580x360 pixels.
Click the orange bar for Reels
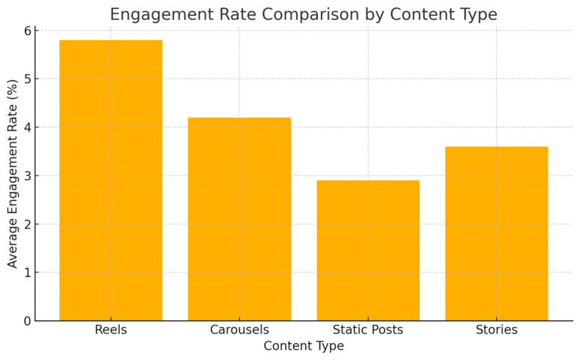111,180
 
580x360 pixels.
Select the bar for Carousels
239,219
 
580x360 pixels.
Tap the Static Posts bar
368,251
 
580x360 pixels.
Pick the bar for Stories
496,234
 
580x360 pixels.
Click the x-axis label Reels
111,330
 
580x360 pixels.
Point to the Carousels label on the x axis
239,330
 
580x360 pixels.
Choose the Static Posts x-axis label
368,330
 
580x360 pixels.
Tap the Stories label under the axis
496,330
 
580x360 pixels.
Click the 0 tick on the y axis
27,321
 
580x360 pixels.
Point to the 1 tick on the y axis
27,273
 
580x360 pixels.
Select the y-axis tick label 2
27,224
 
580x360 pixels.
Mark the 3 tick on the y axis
27,176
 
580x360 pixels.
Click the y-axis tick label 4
27,127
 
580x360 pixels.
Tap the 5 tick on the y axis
27,79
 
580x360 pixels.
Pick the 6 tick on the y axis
27,30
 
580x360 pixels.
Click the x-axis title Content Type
303,346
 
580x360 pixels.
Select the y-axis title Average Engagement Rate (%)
12,176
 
